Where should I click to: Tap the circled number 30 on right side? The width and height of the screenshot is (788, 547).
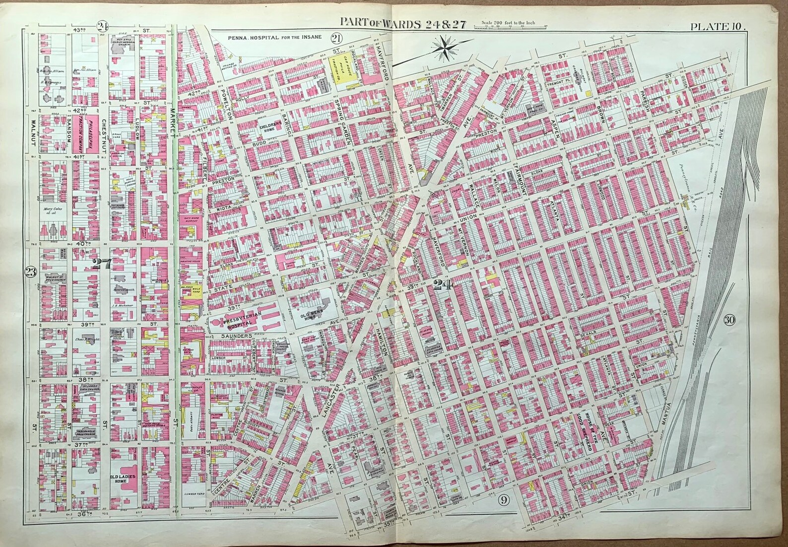click(x=728, y=320)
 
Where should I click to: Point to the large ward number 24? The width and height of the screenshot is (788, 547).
click(x=440, y=284)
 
